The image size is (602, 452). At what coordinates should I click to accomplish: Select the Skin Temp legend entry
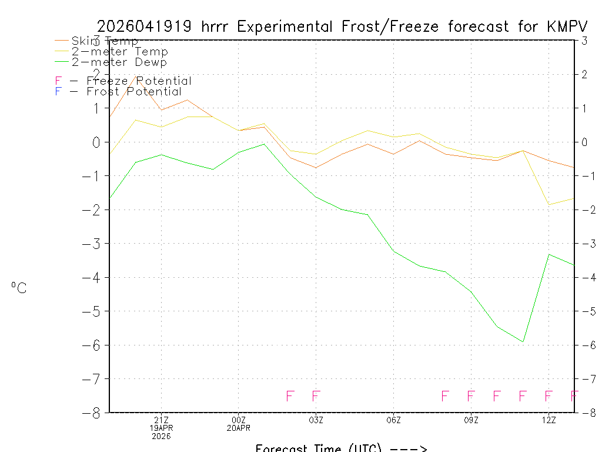105,41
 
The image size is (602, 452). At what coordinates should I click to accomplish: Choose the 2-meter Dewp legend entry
119,62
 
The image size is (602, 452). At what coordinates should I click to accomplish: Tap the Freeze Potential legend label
139,81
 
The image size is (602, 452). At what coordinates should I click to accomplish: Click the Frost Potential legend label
134,92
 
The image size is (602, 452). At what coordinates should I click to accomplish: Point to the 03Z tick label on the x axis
316,420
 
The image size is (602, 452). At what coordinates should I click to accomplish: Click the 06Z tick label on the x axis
394,420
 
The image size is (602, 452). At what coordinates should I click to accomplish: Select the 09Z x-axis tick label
471,420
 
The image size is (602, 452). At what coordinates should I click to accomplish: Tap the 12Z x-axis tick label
549,420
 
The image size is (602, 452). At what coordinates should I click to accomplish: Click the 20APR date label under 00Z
239,428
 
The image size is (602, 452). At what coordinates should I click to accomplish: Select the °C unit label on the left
19,288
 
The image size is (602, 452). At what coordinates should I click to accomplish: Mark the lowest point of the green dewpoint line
523,342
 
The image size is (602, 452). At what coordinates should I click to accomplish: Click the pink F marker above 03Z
316,396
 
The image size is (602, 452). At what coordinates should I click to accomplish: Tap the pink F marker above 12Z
549,396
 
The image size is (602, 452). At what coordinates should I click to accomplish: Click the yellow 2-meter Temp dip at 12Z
549,205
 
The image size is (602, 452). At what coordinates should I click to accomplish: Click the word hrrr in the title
218,26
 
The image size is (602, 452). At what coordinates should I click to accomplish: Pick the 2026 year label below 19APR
161,436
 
